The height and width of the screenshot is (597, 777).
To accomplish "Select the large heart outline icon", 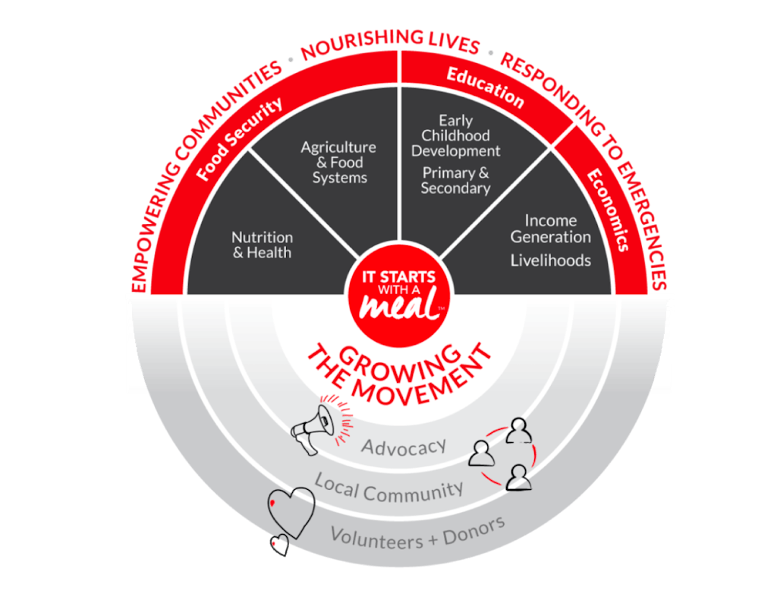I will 292,508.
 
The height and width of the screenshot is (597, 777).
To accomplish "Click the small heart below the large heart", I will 280,545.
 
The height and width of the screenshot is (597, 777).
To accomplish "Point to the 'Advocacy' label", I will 403,447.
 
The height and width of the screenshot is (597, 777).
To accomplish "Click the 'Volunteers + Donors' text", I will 417,532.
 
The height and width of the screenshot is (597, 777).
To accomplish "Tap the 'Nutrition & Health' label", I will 262,245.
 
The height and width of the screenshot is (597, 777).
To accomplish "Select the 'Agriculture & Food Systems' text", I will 338,162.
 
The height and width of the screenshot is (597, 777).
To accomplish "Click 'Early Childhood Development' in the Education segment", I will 455,136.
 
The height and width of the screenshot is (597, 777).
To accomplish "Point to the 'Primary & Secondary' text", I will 456,180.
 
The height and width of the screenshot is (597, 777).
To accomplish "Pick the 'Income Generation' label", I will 550,228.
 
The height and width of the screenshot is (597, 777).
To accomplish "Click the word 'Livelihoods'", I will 550,261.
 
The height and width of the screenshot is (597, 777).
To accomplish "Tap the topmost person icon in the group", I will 520,431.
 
